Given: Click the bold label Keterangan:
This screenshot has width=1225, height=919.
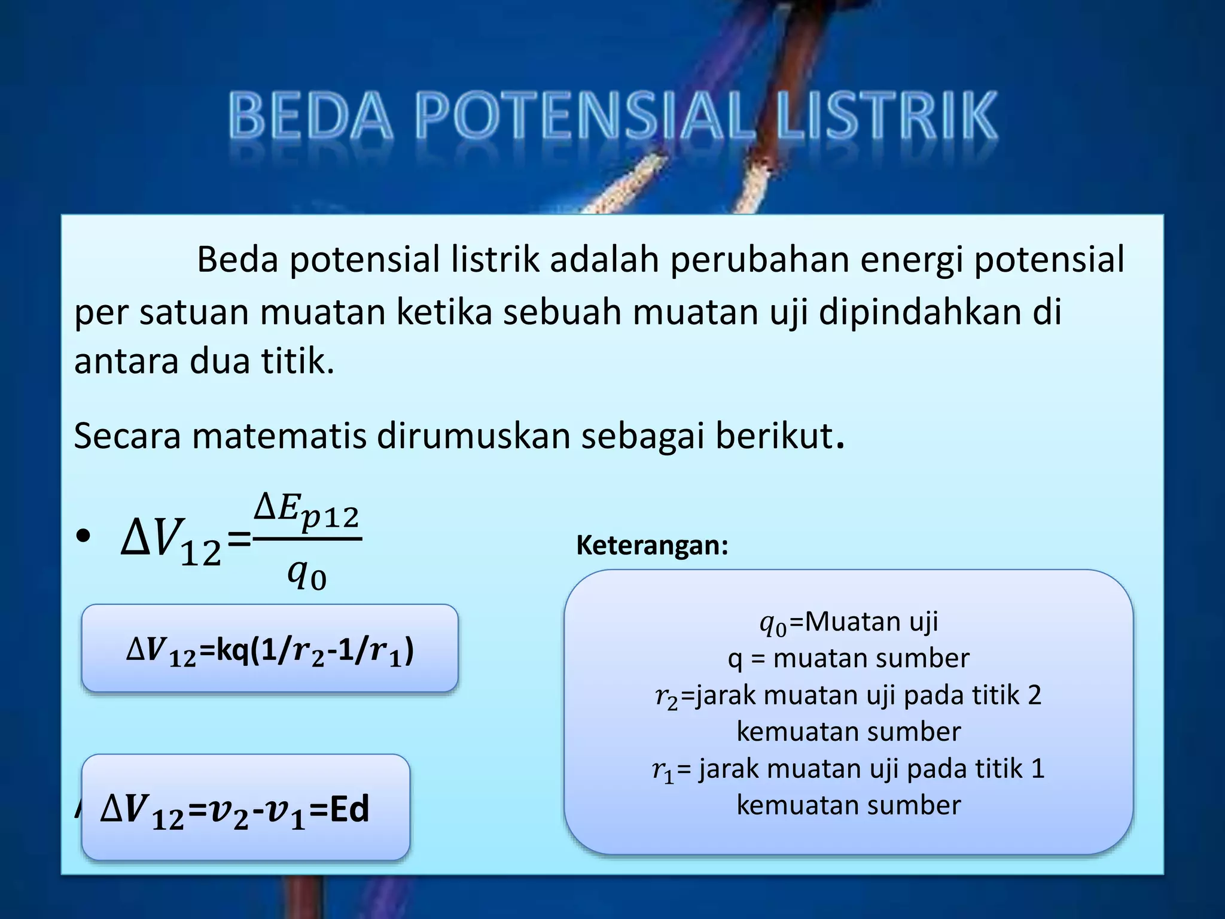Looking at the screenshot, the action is tap(652, 545).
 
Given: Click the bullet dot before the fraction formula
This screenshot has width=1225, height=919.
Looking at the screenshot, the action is tap(83, 535).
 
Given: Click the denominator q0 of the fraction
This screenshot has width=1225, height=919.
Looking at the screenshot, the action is tap(306, 574).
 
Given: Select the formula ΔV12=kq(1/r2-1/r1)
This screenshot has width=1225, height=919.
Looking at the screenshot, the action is tap(270, 650).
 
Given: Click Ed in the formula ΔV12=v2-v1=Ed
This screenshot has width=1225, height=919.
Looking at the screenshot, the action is tap(349, 809).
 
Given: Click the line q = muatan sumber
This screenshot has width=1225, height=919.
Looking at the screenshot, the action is tap(848, 658).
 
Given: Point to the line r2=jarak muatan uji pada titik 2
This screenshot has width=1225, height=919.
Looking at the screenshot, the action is tap(848, 695).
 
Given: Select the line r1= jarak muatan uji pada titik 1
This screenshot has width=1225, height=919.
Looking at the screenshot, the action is tap(848, 769).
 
